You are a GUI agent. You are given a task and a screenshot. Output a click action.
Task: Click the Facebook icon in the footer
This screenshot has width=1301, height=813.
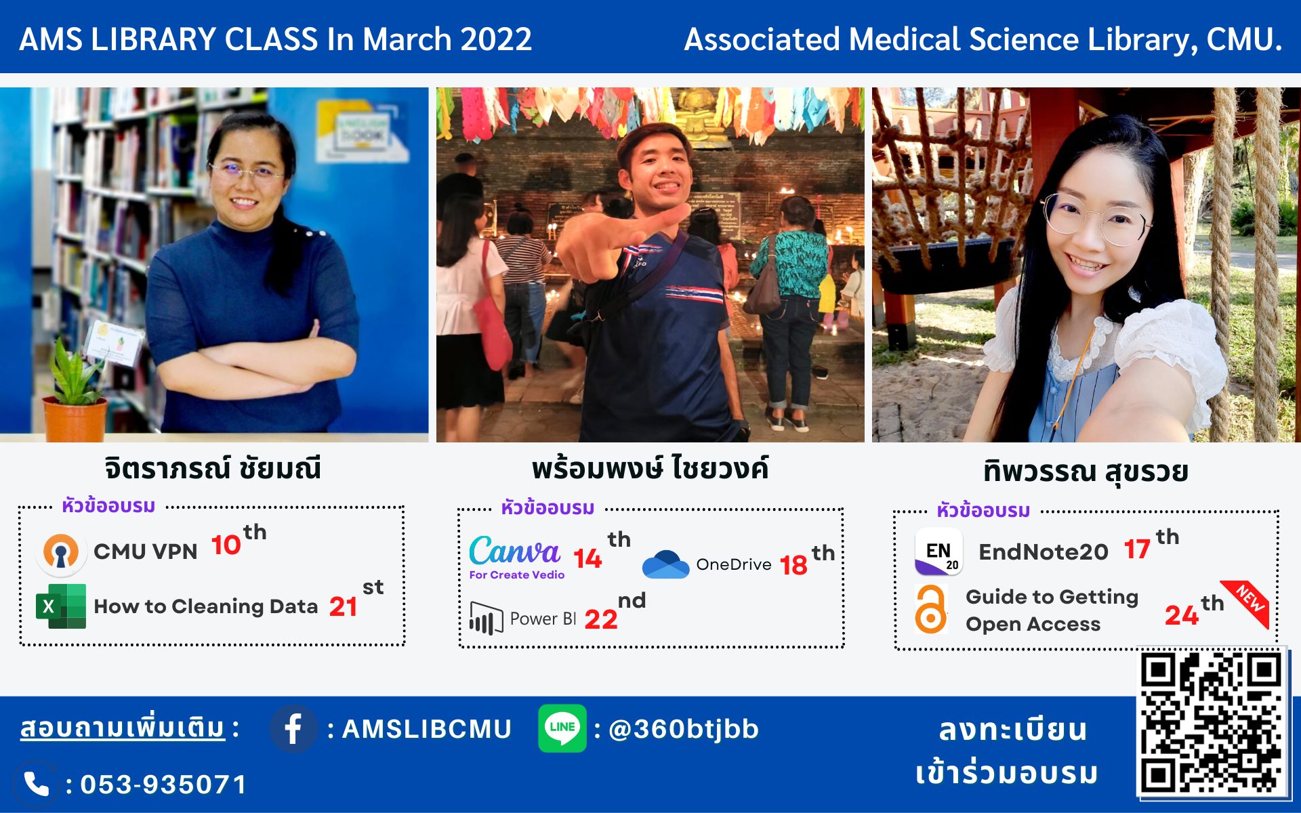(293, 729)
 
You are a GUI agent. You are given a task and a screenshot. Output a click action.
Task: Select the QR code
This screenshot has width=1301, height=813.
(1212, 723)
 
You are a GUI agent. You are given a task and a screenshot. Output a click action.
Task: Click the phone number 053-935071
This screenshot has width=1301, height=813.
(163, 785)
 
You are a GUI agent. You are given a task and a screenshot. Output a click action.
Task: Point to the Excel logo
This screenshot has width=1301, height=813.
(61, 606)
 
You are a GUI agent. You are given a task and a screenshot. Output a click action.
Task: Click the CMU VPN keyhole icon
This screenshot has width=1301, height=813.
(61, 551)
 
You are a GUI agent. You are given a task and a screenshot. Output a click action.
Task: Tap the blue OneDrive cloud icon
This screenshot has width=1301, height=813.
(665, 564)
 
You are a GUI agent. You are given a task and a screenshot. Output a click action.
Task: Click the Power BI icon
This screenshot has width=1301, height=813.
(486, 618)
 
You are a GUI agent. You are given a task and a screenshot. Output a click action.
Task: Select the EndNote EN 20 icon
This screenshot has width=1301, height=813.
(938, 551)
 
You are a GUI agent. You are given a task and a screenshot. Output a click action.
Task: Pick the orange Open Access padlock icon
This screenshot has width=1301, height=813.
(931, 609)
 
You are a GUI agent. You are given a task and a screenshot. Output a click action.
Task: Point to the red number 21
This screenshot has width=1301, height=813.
(344, 606)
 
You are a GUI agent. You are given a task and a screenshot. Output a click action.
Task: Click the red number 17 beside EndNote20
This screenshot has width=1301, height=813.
(1137, 549)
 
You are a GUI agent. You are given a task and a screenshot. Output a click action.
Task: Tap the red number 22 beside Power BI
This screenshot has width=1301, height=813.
(601, 619)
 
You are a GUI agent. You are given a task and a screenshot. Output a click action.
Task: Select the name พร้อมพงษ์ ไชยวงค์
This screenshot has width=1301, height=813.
(650, 467)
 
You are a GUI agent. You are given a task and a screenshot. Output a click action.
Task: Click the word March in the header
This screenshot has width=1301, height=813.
(407, 39)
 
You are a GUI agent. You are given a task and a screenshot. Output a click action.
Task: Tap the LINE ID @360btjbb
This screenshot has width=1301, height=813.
(684, 729)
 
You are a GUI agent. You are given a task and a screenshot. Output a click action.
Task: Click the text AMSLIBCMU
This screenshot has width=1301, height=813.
(427, 729)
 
